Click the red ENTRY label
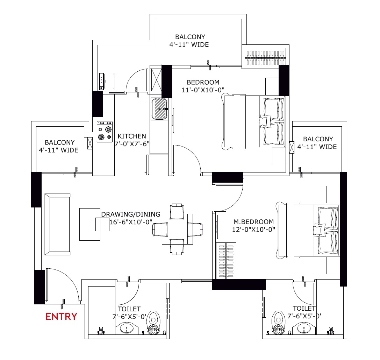click(x=61, y=317)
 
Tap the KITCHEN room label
click(x=132, y=136)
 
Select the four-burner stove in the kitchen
click(x=105, y=132)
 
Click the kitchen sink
click(x=159, y=109)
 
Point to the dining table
click(x=177, y=229)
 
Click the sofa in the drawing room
click(x=57, y=224)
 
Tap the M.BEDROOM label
click(x=253, y=222)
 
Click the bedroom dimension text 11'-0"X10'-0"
click(x=203, y=90)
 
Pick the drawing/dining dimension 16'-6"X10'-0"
click(x=131, y=222)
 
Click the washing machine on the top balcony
click(x=108, y=81)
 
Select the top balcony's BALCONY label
click(x=190, y=37)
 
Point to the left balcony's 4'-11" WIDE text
click(x=59, y=150)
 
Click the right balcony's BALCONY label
click(x=318, y=139)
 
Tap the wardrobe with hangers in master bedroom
click(x=226, y=260)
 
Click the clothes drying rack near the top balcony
click(x=265, y=58)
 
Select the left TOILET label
click(x=129, y=309)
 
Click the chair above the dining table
click(x=177, y=211)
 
